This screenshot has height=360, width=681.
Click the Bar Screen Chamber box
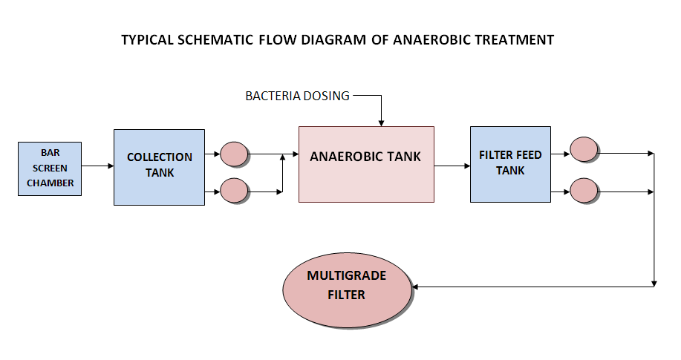pyautogui.click(x=50, y=168)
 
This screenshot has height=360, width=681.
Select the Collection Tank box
pyautogui.click(x=160, y=167)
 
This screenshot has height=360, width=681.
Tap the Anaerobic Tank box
pyautogui.click(x=366, y=164)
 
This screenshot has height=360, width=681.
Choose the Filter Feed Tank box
pyautogui.click(x=510, y=164)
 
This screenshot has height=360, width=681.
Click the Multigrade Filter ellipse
pyautogui.click(x=347, y=289)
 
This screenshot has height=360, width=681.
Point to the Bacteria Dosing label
pyautogui.click(x=298, y=96)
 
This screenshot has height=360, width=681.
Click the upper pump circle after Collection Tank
pyautogui.click(x=234, y=154)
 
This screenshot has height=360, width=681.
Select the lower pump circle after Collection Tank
pyautogui.click(x=234, y=191)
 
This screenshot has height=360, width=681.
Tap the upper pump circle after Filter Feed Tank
pyautogui.click(x=584, y=149)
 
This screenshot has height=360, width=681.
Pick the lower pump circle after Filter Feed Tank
pyautogui.click(x=584, y=191)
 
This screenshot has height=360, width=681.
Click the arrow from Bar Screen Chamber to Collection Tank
pyautogui.click(x=98, y=166)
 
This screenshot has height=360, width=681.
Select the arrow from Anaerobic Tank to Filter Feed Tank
pyautogui.click(x=452, y=166)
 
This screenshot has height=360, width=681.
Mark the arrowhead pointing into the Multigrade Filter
pyautogui.click(x=415, y=287)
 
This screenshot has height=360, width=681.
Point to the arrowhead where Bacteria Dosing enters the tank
pyautogui.click(x=381, y=124)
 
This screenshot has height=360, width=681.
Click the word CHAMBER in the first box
pyautogui.click(x=50, y=183)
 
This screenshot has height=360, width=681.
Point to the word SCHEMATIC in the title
pyautogui.click(x=215, y=40)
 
